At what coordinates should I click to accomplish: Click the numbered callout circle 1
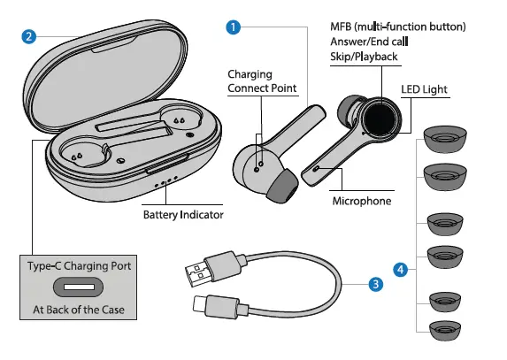tap(233, 27)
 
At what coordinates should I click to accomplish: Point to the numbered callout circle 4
tap(401, 268)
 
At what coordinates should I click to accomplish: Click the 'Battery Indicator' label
tap(183, 214)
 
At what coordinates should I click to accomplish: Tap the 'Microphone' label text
tap(361, 201)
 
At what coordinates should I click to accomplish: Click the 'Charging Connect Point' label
tap(262, 81)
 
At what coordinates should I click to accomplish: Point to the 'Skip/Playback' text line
tap(364, 57)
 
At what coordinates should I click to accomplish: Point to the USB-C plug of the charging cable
tap(214, 305)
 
